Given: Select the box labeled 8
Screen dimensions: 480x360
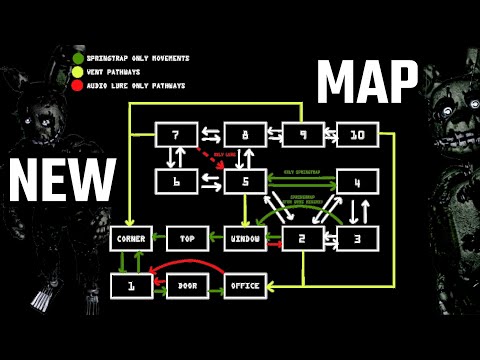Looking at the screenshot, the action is pos(243,135).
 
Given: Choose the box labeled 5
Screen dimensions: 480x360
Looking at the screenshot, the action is pos(243,181).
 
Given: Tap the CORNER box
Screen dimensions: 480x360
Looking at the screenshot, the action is pos(130,238).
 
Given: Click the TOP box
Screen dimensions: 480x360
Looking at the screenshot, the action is pos(186,238).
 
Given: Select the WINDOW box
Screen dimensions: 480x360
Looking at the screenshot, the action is pos(243,238).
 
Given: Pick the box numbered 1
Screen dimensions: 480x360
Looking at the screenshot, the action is pos(130,286).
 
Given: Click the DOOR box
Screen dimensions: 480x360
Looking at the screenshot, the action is pos(186,286).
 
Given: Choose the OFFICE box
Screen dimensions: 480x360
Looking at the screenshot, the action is pos(243,286).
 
